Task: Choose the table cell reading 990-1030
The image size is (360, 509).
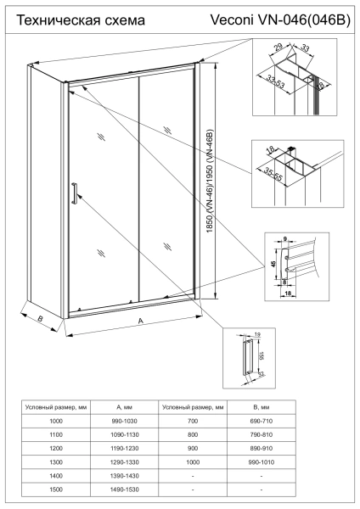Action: coord(126,422)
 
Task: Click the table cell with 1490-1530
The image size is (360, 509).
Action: coord(126,489)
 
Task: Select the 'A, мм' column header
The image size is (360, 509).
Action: coord(126,407)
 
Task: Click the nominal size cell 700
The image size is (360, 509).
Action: coord(194,422)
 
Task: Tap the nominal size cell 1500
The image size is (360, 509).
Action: coord(57,489)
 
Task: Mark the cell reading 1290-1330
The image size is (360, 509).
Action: coord(126,462)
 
